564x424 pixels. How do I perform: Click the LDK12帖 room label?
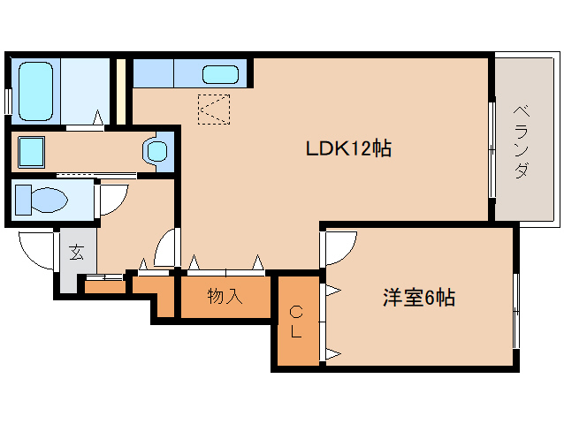tap(348, 148)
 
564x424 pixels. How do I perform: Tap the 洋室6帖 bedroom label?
tap(418, 298)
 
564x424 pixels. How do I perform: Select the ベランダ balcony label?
tap(522, 141)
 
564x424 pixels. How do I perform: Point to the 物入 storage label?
tap(225, 296)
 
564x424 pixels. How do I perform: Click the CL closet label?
tap(297, 322)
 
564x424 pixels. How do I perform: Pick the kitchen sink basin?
tap(219, 74)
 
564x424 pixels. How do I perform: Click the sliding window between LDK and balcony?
tap(492, 150)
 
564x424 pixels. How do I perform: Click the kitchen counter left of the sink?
tap(153, 73)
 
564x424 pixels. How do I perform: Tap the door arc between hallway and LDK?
tap(165, 248)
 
